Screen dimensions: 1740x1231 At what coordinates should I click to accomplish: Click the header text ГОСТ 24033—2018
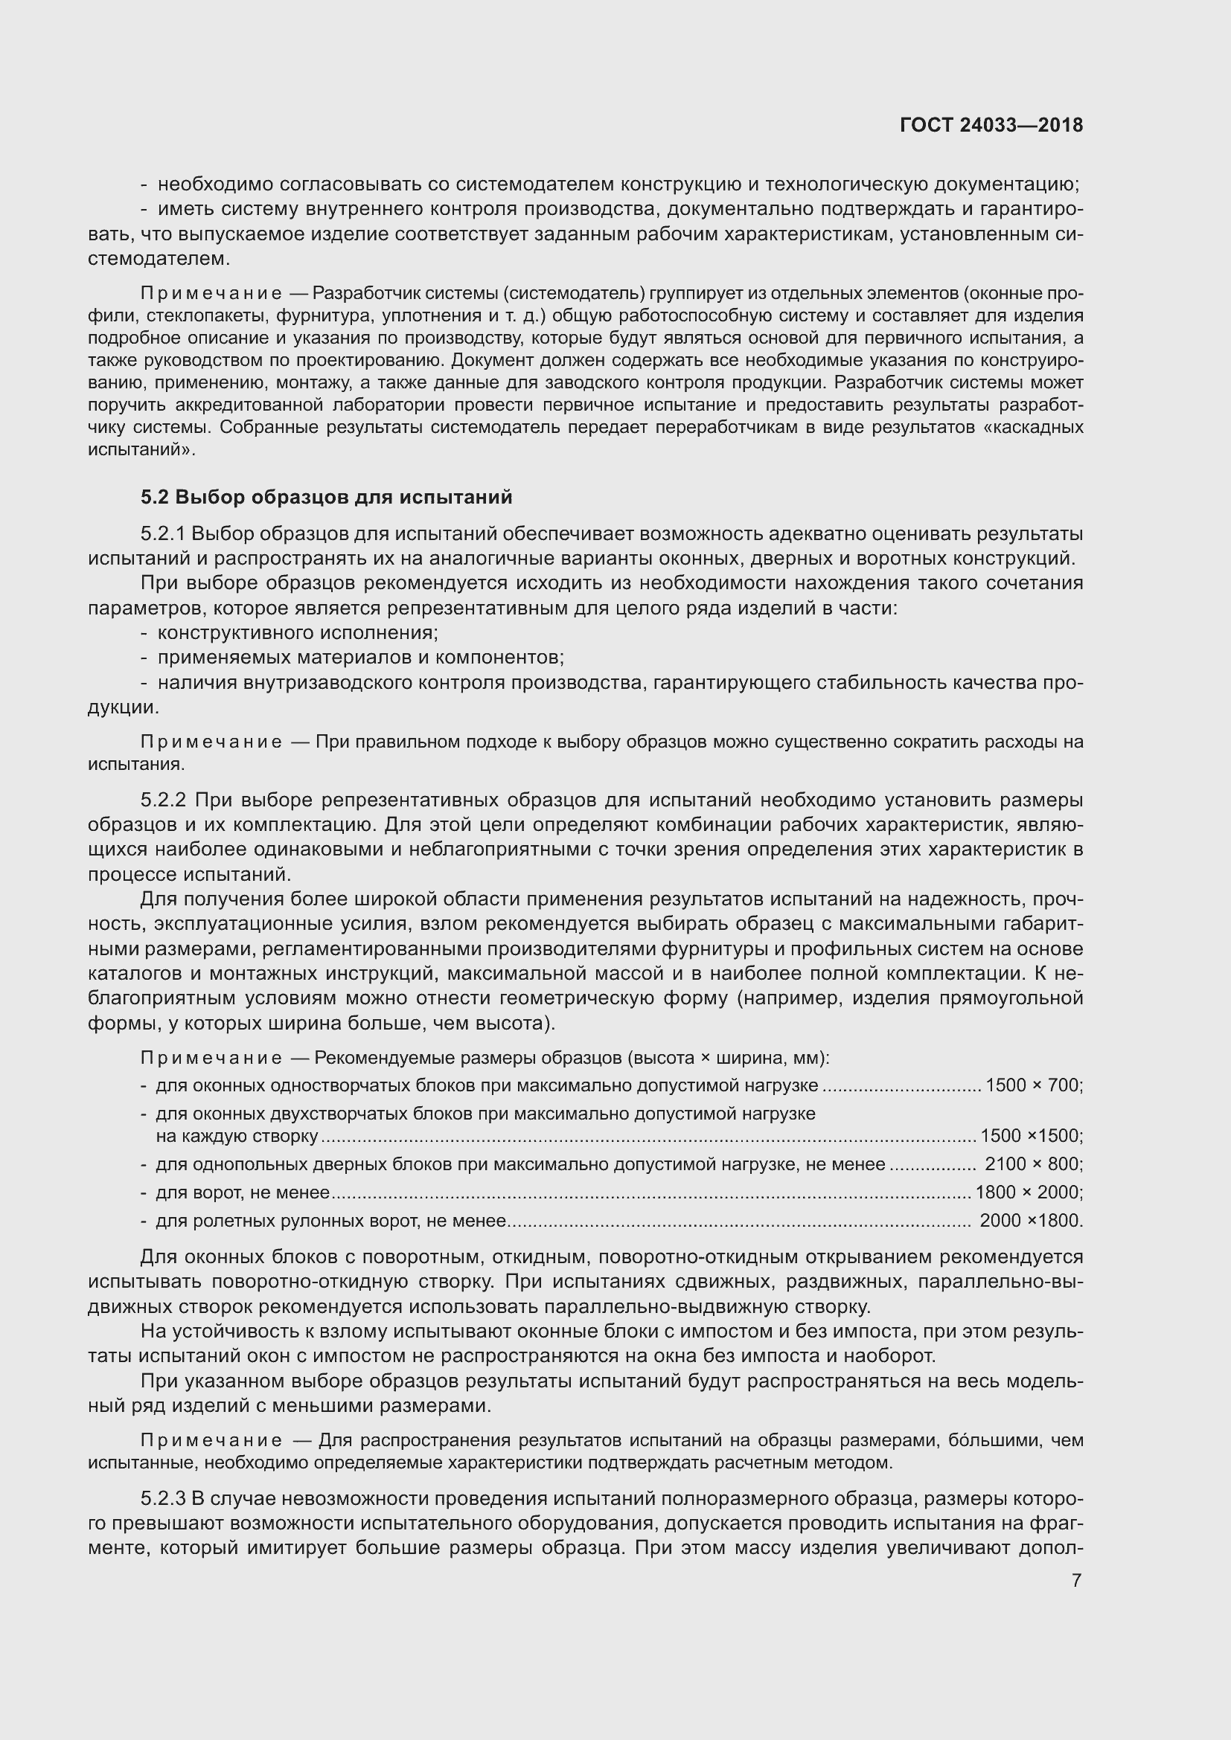991,125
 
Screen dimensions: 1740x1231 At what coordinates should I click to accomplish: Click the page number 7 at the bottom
1076,1580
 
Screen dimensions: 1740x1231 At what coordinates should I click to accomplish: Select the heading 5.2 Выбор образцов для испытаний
327,497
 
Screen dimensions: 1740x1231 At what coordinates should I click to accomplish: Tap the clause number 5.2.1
163,533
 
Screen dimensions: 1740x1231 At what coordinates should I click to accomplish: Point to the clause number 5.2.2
163,800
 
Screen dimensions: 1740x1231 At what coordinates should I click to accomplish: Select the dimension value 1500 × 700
1034,1085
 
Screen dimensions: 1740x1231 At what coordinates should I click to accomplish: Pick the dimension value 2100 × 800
1034,1163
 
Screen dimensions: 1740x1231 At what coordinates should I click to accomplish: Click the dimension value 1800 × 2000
1029,1192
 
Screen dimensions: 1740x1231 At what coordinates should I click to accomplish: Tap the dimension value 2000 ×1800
1031,1221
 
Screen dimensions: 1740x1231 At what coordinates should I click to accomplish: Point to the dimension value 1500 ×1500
1031,1135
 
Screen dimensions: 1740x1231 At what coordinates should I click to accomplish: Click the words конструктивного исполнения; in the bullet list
298,633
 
